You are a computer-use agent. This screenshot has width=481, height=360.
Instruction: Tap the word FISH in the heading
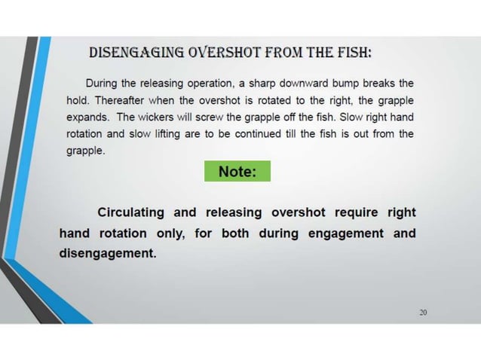pos(351,53)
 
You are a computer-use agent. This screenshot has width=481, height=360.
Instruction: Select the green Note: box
pos(237,172)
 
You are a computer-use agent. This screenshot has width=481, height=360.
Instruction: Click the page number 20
pos(423,313)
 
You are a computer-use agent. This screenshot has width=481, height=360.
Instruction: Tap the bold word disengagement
pos(108,253)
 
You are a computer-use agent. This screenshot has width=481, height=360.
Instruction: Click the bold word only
pos(170,233)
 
